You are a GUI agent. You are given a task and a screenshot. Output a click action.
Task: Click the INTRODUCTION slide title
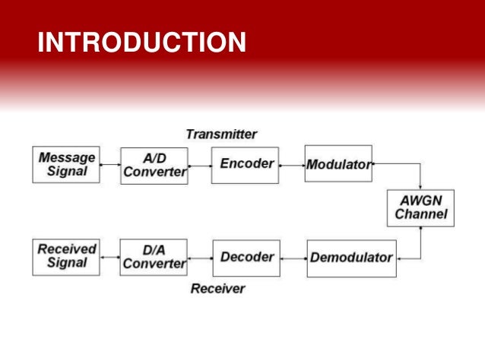coord(141,43)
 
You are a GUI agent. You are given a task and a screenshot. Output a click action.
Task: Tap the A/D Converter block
coord(154,165)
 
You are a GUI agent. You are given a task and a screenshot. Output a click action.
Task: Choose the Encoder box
coord(246,164)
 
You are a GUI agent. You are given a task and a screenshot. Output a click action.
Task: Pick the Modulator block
coord(338,164)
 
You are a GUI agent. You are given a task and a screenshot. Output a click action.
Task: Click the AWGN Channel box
coord(420,207)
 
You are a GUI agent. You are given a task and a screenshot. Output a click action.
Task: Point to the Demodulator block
coord(351,257)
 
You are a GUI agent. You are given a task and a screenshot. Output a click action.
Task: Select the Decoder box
coord(246,257)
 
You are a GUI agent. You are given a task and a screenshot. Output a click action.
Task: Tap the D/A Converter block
coord(154,257)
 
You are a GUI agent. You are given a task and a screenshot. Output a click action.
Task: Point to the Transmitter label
coord(221,135)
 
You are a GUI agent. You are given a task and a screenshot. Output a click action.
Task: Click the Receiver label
coord(218,289)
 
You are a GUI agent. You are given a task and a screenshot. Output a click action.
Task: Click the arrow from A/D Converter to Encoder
coord(199,165)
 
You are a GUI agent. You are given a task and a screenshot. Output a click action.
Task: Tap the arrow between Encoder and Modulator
coord(292,165)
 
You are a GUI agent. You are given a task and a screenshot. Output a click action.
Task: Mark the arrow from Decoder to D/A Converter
coord(200,258)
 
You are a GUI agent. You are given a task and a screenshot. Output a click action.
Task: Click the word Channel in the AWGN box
coord(420,214)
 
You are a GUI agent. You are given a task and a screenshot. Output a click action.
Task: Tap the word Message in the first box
coord(67,157)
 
